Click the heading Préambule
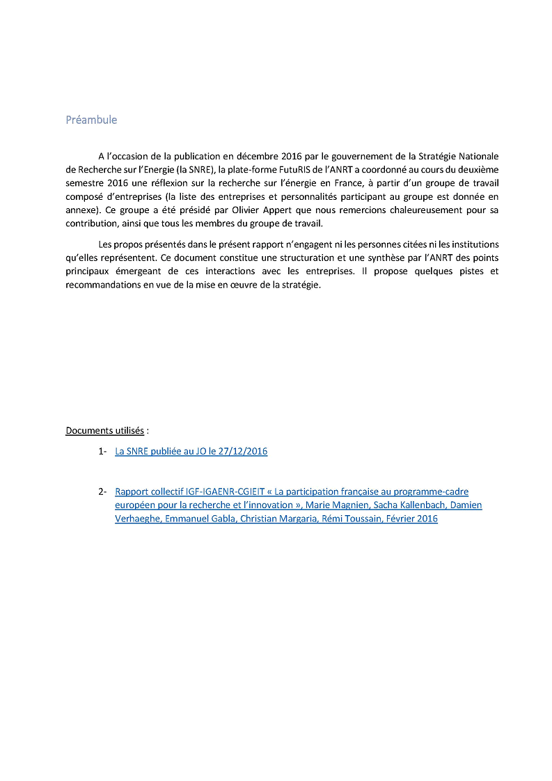coord(91,120)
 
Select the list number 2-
coord(102,491)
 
